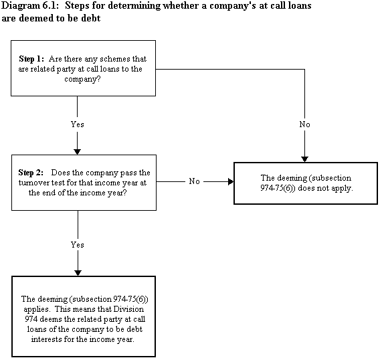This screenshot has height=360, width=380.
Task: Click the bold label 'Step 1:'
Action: point(31,59)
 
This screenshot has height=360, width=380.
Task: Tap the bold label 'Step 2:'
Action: point(31,173)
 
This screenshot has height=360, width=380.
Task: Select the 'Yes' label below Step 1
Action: point(78,124)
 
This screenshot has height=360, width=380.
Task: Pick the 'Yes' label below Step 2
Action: point(78,245)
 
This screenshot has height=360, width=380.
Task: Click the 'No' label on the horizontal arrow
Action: point(195,181)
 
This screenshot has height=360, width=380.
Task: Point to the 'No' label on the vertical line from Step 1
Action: point(304,124)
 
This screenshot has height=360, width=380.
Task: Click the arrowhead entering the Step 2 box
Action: point(78,152)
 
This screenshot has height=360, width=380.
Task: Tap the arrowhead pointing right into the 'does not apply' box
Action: point(231,181)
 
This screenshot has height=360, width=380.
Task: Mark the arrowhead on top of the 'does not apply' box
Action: point(304,159)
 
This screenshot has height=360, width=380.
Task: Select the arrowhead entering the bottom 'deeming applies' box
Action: point(78,273)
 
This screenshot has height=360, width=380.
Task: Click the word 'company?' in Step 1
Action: point(82,79)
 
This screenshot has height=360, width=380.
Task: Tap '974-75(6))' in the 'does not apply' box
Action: point(278,188)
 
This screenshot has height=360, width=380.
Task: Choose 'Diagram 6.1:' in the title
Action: point(30,6)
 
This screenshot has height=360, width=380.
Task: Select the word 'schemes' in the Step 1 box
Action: point(112,59)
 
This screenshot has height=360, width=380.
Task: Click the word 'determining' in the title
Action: point(134,6)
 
